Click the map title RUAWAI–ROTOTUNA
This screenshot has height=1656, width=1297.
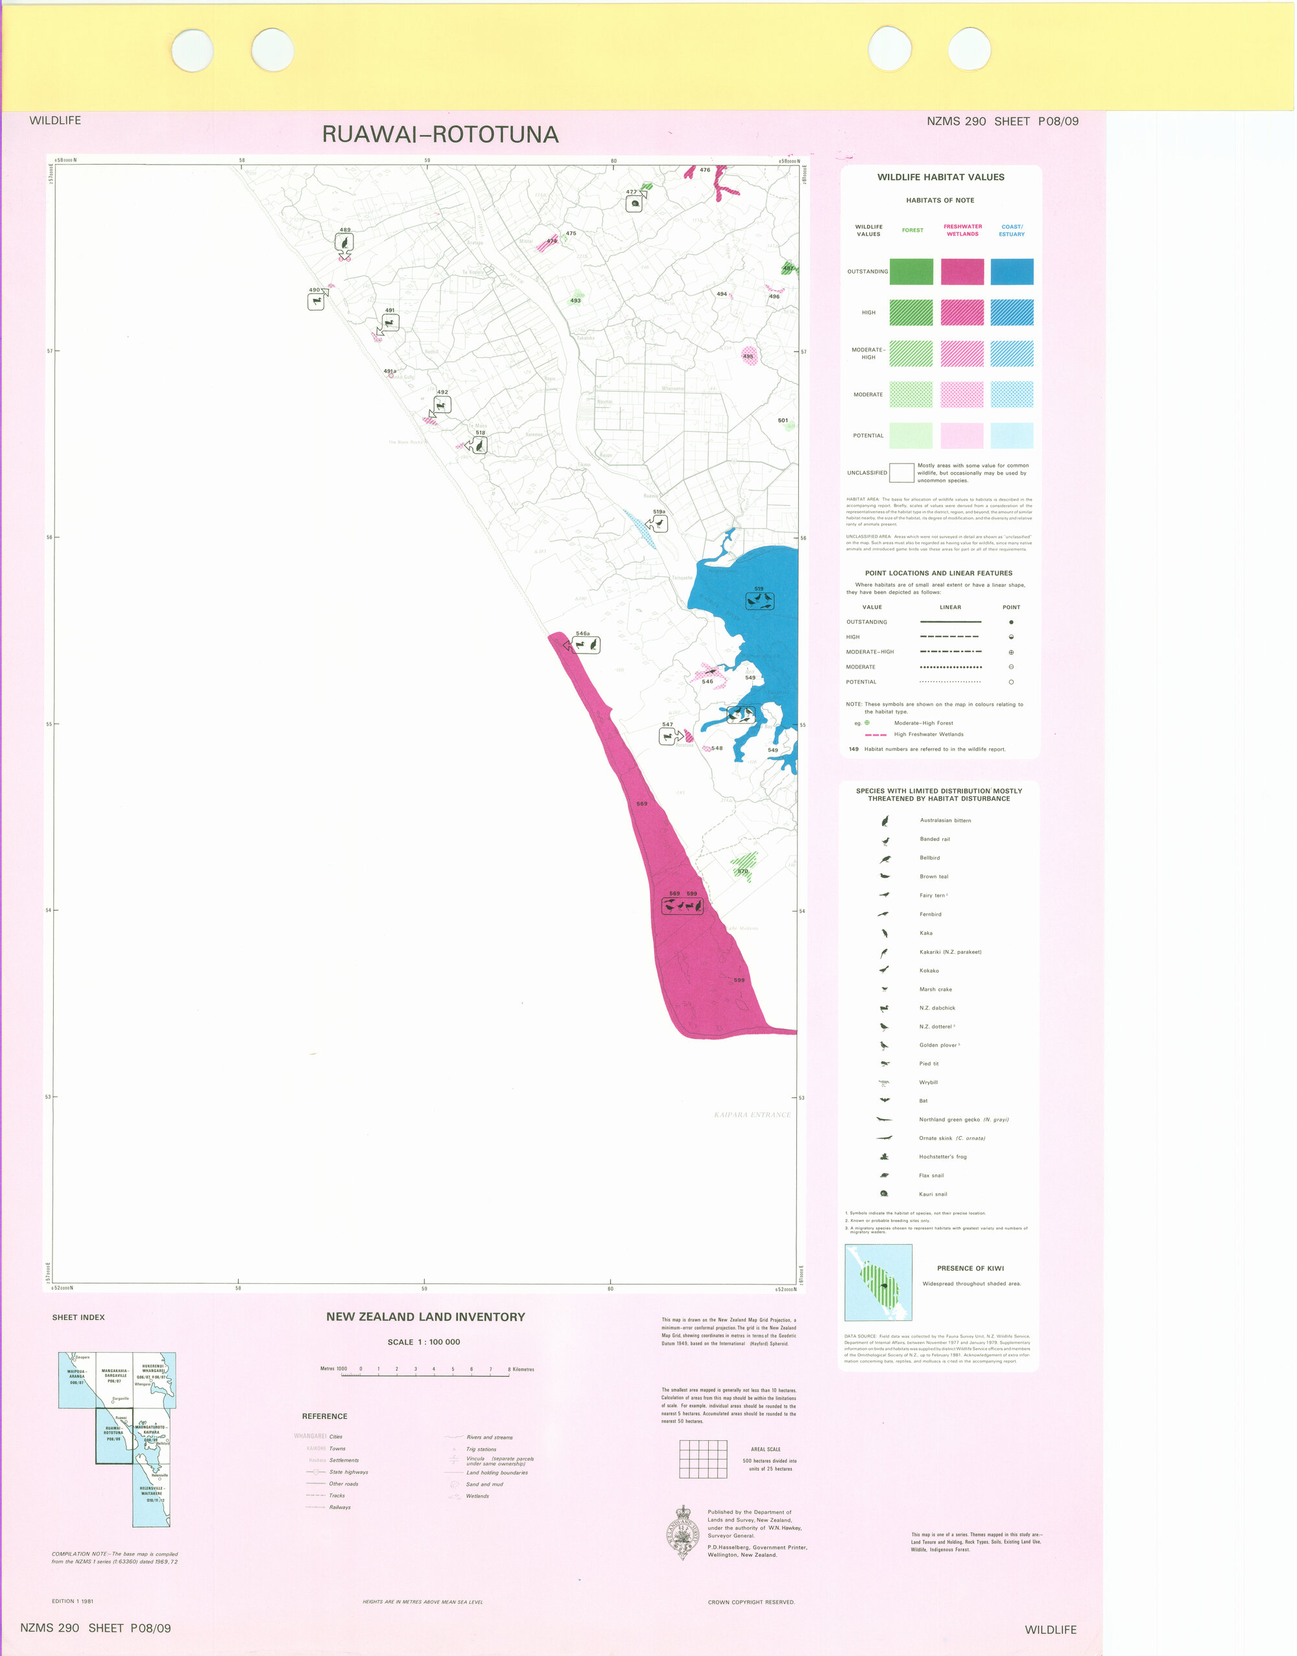pyautogui.click(x=440, y=134)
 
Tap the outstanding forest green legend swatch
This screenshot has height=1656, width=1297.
pyautogui.click(x=910, y=271)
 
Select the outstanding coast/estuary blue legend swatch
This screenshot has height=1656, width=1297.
pyautogui.click(x=1012, y=271)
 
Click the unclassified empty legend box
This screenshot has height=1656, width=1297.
pyautogui.click(x=901, y=472)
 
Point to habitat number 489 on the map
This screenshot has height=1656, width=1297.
pyautogui.click(x=345, y=230)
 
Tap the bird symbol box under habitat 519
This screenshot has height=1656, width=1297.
pyautogui.click(x=759, y=600)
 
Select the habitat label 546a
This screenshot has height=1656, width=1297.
pyautogui.click(x=582, y=633)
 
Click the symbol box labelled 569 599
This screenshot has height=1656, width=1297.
pyautogui.click(x=682, y=905)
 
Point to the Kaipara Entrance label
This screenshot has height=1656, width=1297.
pyautogui.click(x=752, y=1115)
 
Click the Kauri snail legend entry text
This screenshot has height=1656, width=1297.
pyautogui.click(x=933, y=1194)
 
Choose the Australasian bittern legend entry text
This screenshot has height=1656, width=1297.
pyautogui.click(x=945, y=820)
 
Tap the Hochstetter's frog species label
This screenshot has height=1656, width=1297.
pyautogui.click(x=942, y=1156)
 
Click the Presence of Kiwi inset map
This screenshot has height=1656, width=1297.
pyautogui.click(x=878, y=1283)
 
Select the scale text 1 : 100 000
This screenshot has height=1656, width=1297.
pyautogui.click(x=423, y=1342)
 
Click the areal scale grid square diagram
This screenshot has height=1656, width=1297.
pyautogui.click(x=702, y=1459)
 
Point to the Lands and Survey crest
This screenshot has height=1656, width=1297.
pyautogui.click(x=684, y=1532)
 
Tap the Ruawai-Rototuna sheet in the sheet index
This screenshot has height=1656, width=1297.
pyautogui.click(x=114, y=1435)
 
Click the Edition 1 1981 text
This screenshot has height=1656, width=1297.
pyautogui.click(x=73, y=1602)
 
